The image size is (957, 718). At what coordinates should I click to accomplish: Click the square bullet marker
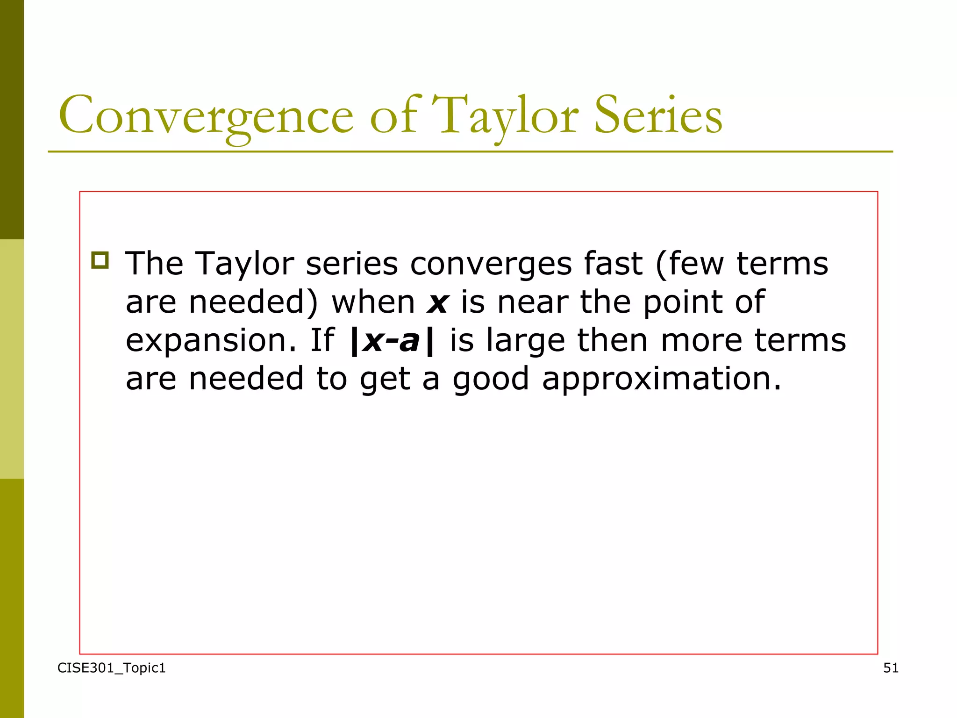tap(100, 260)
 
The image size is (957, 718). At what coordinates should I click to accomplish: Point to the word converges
tap(491, 265)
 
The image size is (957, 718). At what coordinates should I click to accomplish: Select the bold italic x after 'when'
tap(437, 303)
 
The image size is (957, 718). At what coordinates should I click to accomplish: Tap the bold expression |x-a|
tap(392, 340)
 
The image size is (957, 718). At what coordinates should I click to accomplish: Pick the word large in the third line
tap(525, 341)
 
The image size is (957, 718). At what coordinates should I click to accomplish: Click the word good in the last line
tap(491, 380)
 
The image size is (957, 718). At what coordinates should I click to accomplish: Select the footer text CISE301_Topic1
tap(111, 668)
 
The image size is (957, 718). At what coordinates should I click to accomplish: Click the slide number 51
tap(891, 668)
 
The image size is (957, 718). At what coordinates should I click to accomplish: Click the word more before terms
tap(701, 341)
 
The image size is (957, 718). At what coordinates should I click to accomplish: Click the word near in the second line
tap(533, 303)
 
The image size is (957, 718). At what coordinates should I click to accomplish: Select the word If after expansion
tap(322, 340)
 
